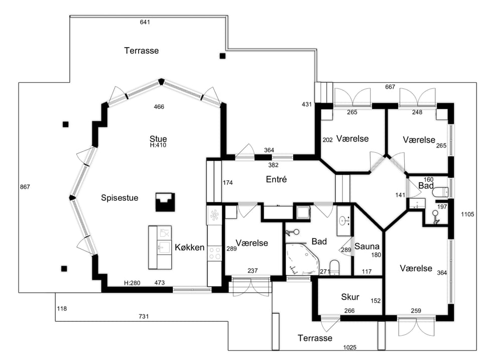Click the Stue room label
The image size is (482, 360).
point(158,139)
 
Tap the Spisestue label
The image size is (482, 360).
point(119,198)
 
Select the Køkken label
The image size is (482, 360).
point(190,247)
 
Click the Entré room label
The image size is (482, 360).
point(276,179)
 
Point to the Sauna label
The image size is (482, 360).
point(367,246)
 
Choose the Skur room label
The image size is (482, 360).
point(350,297)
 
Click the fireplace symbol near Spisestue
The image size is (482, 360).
point(165,202)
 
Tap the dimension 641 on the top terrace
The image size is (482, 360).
point(145,22)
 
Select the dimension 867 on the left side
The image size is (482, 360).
point(25,187)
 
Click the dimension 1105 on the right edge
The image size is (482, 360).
point(467,214)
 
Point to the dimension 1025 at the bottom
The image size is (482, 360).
point(350,347)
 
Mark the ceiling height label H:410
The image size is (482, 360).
point(158,145)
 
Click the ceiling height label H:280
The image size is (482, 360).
point(132,283)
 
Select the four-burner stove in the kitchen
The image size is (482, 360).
point(215,254)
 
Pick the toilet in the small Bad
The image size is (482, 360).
point(440,192)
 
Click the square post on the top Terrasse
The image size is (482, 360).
point(222,56)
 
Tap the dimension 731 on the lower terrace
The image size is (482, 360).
point(144,316)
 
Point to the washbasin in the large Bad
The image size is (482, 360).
point(343,220)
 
